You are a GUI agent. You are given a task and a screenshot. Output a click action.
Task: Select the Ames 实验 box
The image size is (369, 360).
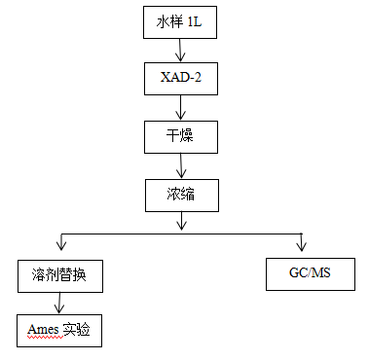pos(57,330)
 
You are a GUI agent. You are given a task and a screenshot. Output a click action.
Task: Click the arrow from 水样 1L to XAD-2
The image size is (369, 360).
pos(176,52)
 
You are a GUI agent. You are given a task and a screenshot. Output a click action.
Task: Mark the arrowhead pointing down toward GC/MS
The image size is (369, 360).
pos(303,243)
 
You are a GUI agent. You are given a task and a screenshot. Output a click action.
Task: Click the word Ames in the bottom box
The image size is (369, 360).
pos(43,330)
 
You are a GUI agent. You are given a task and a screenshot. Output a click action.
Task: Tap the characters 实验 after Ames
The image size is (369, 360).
pos(77,330)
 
